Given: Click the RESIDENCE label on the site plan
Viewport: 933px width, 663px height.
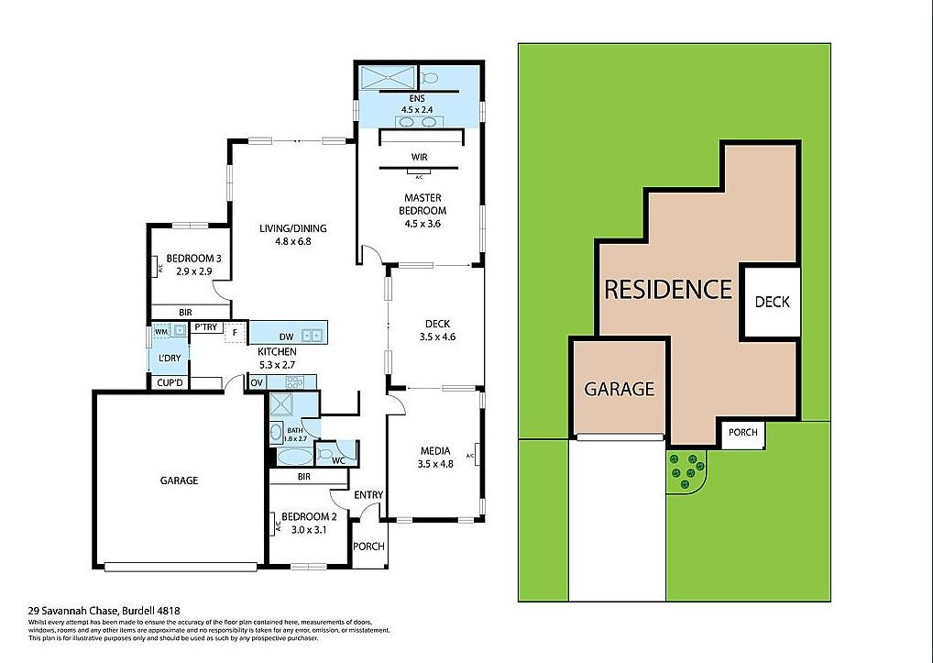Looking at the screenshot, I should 668,290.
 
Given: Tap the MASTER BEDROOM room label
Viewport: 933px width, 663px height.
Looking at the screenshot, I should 423,204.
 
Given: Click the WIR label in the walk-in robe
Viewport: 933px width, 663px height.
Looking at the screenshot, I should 419,157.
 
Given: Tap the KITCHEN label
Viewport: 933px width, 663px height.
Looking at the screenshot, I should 276,352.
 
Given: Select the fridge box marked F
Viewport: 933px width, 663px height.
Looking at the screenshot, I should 236,332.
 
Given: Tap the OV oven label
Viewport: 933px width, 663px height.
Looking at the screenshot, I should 257,381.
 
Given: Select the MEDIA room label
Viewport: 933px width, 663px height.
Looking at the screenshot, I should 434,450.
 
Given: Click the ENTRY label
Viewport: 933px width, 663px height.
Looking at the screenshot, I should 368,495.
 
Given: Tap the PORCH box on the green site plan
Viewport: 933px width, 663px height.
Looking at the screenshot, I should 742,433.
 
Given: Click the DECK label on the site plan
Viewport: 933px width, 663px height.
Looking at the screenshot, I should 772,302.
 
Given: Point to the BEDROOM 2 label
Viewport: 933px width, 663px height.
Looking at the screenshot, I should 309,516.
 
